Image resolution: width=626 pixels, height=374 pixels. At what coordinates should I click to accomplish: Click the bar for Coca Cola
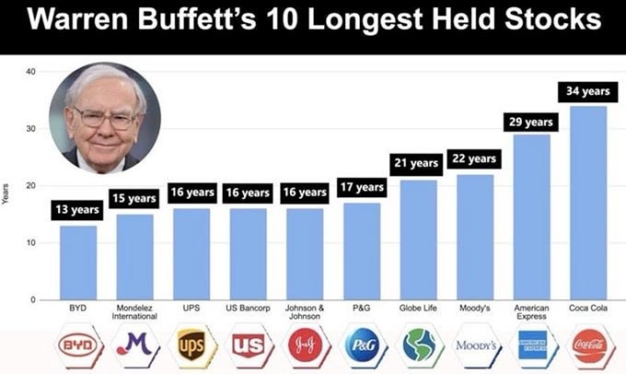tap(587, 203)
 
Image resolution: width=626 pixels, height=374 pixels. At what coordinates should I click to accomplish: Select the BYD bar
tap(77, 263)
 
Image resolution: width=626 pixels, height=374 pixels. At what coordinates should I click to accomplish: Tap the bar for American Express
tap(531, 216)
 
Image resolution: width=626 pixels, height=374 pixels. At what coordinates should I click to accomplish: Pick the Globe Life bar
tap(418, 240)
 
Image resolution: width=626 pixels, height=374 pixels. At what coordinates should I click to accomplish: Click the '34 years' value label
tap(587, 92)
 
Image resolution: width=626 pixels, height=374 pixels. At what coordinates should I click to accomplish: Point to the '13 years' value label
tap(77, 211)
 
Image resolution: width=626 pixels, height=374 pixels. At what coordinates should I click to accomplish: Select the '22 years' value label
tap(474, 158)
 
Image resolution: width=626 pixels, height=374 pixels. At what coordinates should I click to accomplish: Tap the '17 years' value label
tap(361, 187)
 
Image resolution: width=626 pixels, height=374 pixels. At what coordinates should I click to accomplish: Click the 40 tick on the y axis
tap(30, 72)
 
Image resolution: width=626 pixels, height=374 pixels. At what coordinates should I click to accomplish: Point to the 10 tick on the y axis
tap(30, 243)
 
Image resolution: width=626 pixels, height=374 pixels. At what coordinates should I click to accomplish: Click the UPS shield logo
tap(191, 347)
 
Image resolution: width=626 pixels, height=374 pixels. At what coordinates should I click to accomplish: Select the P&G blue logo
tap(361, 347)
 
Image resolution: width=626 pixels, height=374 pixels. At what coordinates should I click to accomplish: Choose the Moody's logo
tap(476, 347)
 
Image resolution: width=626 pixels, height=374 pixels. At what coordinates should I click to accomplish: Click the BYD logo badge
tap(77, 347)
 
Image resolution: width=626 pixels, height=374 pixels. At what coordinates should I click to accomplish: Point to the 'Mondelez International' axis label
tap(134, 311)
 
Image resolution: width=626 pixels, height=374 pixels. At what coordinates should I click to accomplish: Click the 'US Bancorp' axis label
tap(248, 308)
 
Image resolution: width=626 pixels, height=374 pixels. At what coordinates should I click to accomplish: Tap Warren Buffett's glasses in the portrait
tap(104, 117)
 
